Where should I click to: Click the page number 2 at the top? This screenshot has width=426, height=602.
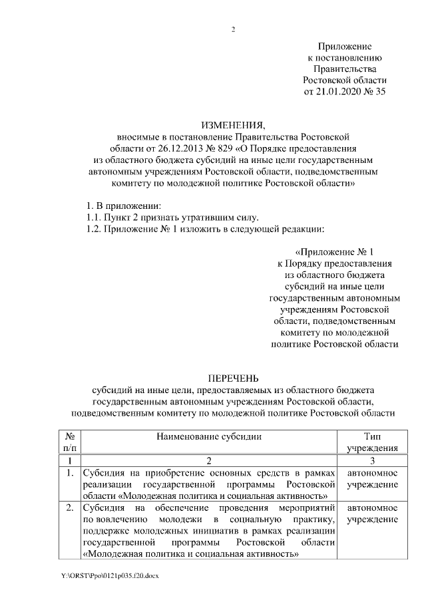point(233,29)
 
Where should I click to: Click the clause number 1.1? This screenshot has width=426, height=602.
point(87,218)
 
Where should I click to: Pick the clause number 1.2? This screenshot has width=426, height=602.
point(87,229)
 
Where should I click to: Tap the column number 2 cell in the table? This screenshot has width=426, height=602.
point(208,460)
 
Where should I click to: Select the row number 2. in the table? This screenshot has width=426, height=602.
point(70,509)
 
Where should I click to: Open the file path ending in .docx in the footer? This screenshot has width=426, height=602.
point(110,574)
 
